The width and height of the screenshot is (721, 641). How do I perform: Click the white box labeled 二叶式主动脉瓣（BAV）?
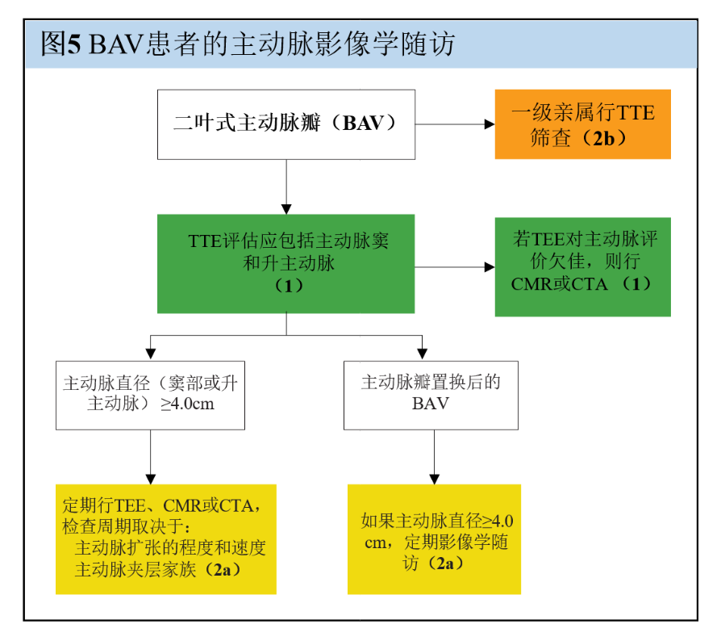[x=286, y=124]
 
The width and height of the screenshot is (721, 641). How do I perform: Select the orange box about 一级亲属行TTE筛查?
[x=582, y=124]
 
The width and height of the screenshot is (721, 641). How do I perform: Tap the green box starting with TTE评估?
[x=286, y=263]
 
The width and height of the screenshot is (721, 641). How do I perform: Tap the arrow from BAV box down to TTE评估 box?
[x=286, y=186]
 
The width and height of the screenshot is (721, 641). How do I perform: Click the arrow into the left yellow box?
[x=151, y=457]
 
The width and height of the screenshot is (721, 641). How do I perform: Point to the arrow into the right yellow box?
[x=435, y=457]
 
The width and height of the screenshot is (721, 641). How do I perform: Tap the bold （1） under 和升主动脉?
[x=286, y=284]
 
